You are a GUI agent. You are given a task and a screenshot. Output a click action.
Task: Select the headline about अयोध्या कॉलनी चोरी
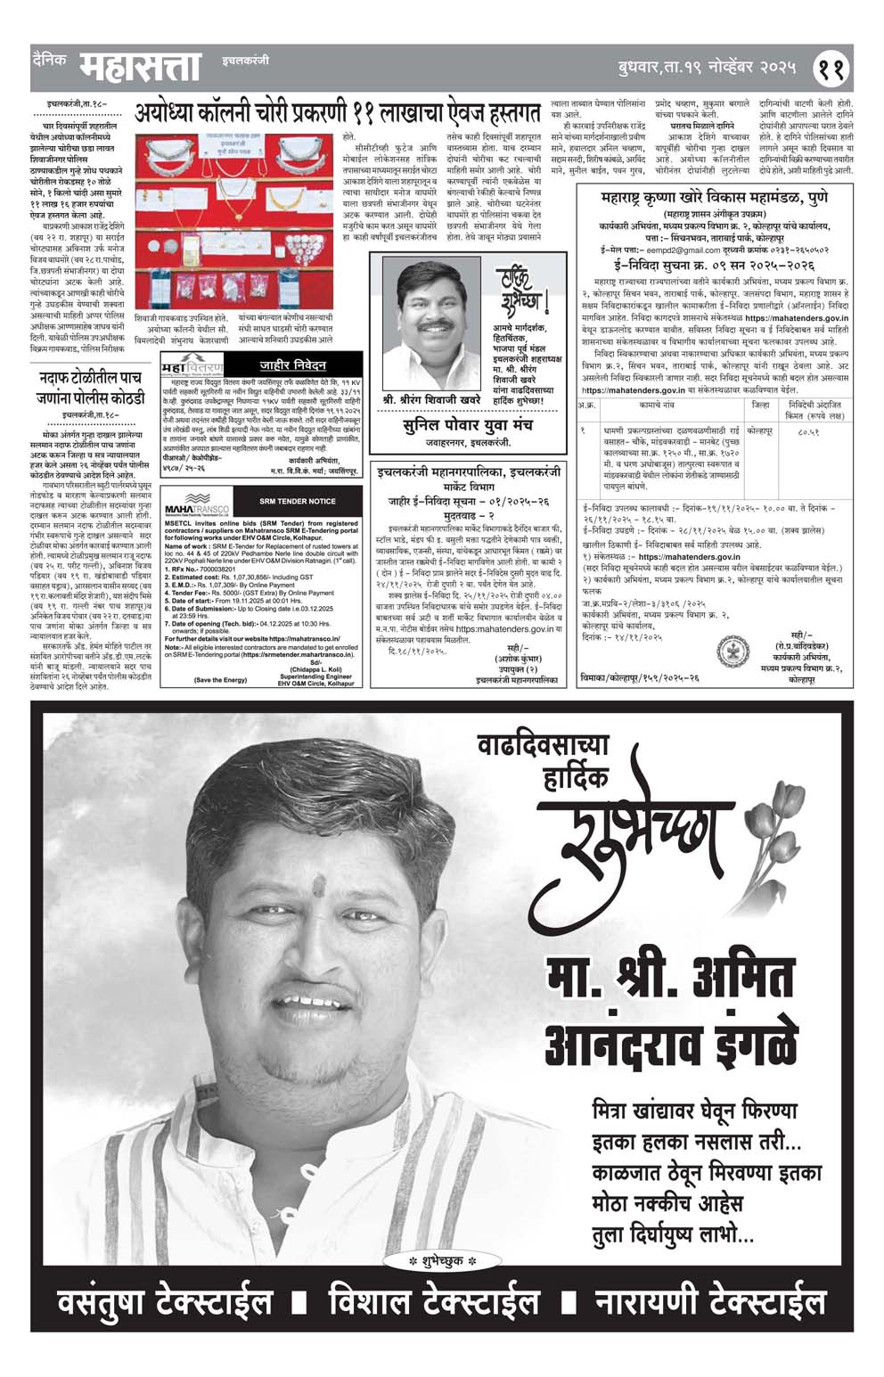point(338,113)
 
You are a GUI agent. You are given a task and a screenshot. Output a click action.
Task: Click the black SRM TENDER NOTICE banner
point(297,501)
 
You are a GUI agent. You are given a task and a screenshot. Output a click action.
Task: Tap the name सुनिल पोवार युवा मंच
point(466,426)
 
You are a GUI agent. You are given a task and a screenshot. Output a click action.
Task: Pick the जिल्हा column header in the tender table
point(760,405)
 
